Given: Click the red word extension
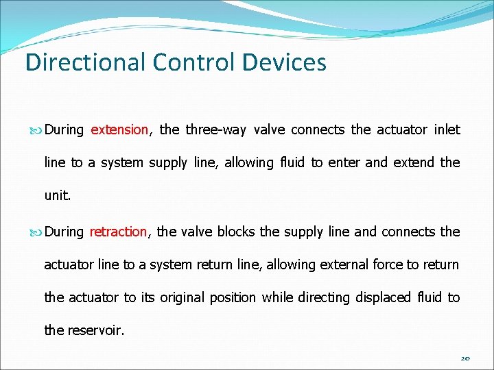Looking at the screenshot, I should click(x=119, y=129).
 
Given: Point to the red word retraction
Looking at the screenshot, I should click(x=118, y=232).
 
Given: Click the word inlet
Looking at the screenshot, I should click(x=447, y=129).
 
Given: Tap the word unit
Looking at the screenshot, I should click(x=56, y=195).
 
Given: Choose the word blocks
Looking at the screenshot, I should click(x=237, y=232).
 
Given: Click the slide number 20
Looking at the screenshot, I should click(x=464, y=358).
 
